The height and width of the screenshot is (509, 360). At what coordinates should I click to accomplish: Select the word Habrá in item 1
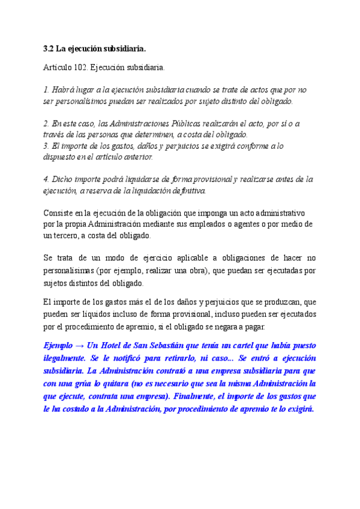[x=64, y=89]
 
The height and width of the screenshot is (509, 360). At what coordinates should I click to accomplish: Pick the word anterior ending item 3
[x=135, y=157]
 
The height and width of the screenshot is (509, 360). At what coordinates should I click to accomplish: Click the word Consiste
[x=61, y=213]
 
